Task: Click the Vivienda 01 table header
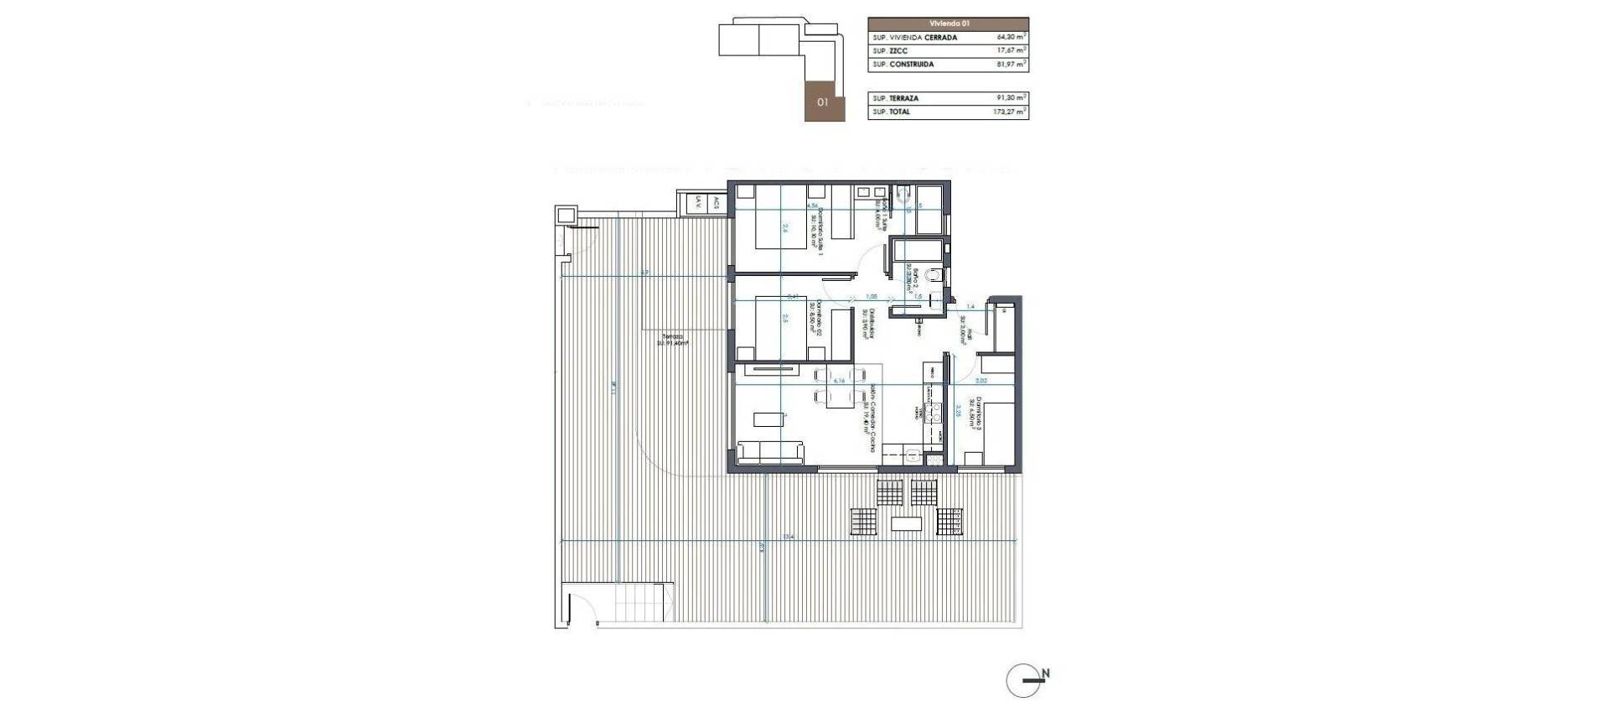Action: (x=948, y=24)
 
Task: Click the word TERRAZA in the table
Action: (x=904, y=98)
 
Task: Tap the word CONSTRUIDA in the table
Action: (x=913, y=65)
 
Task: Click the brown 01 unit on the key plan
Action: (x=824, y=102)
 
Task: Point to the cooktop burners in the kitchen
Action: (x=932, y=412)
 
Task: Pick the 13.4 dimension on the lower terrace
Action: (x=788, y=537)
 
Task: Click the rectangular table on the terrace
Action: (x=906, y=524)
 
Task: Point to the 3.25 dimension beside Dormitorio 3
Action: (x=958, y=411)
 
